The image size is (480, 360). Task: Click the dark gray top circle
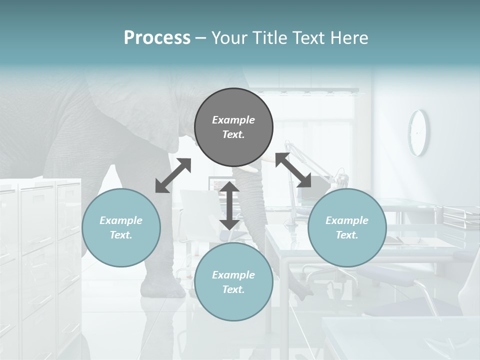pos(233,127)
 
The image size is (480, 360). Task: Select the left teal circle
pos(121,227)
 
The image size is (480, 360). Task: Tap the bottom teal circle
pos(233,282)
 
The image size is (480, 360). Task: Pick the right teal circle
pos(347,227)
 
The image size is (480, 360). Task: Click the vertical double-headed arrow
pos(229,205)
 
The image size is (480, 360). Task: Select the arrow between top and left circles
pos(173,175)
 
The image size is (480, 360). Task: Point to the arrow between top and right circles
pos(293,170)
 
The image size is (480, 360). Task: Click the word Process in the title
pos(157,37)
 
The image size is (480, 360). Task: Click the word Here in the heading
pos(350,37)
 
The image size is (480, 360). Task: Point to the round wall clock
pos(418,132)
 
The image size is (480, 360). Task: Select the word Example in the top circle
pos(233,120)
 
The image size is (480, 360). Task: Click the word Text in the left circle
pos(121,235)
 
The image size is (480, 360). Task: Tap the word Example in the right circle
pos(347,220)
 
